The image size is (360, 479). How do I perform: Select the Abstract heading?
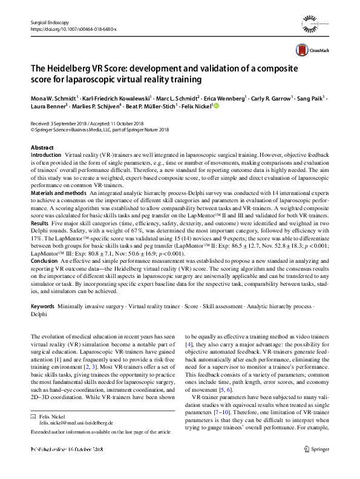pyautogui.click(x=42, y=148)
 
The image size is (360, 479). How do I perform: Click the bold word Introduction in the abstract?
pyautogui.click(x=46, y=156)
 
